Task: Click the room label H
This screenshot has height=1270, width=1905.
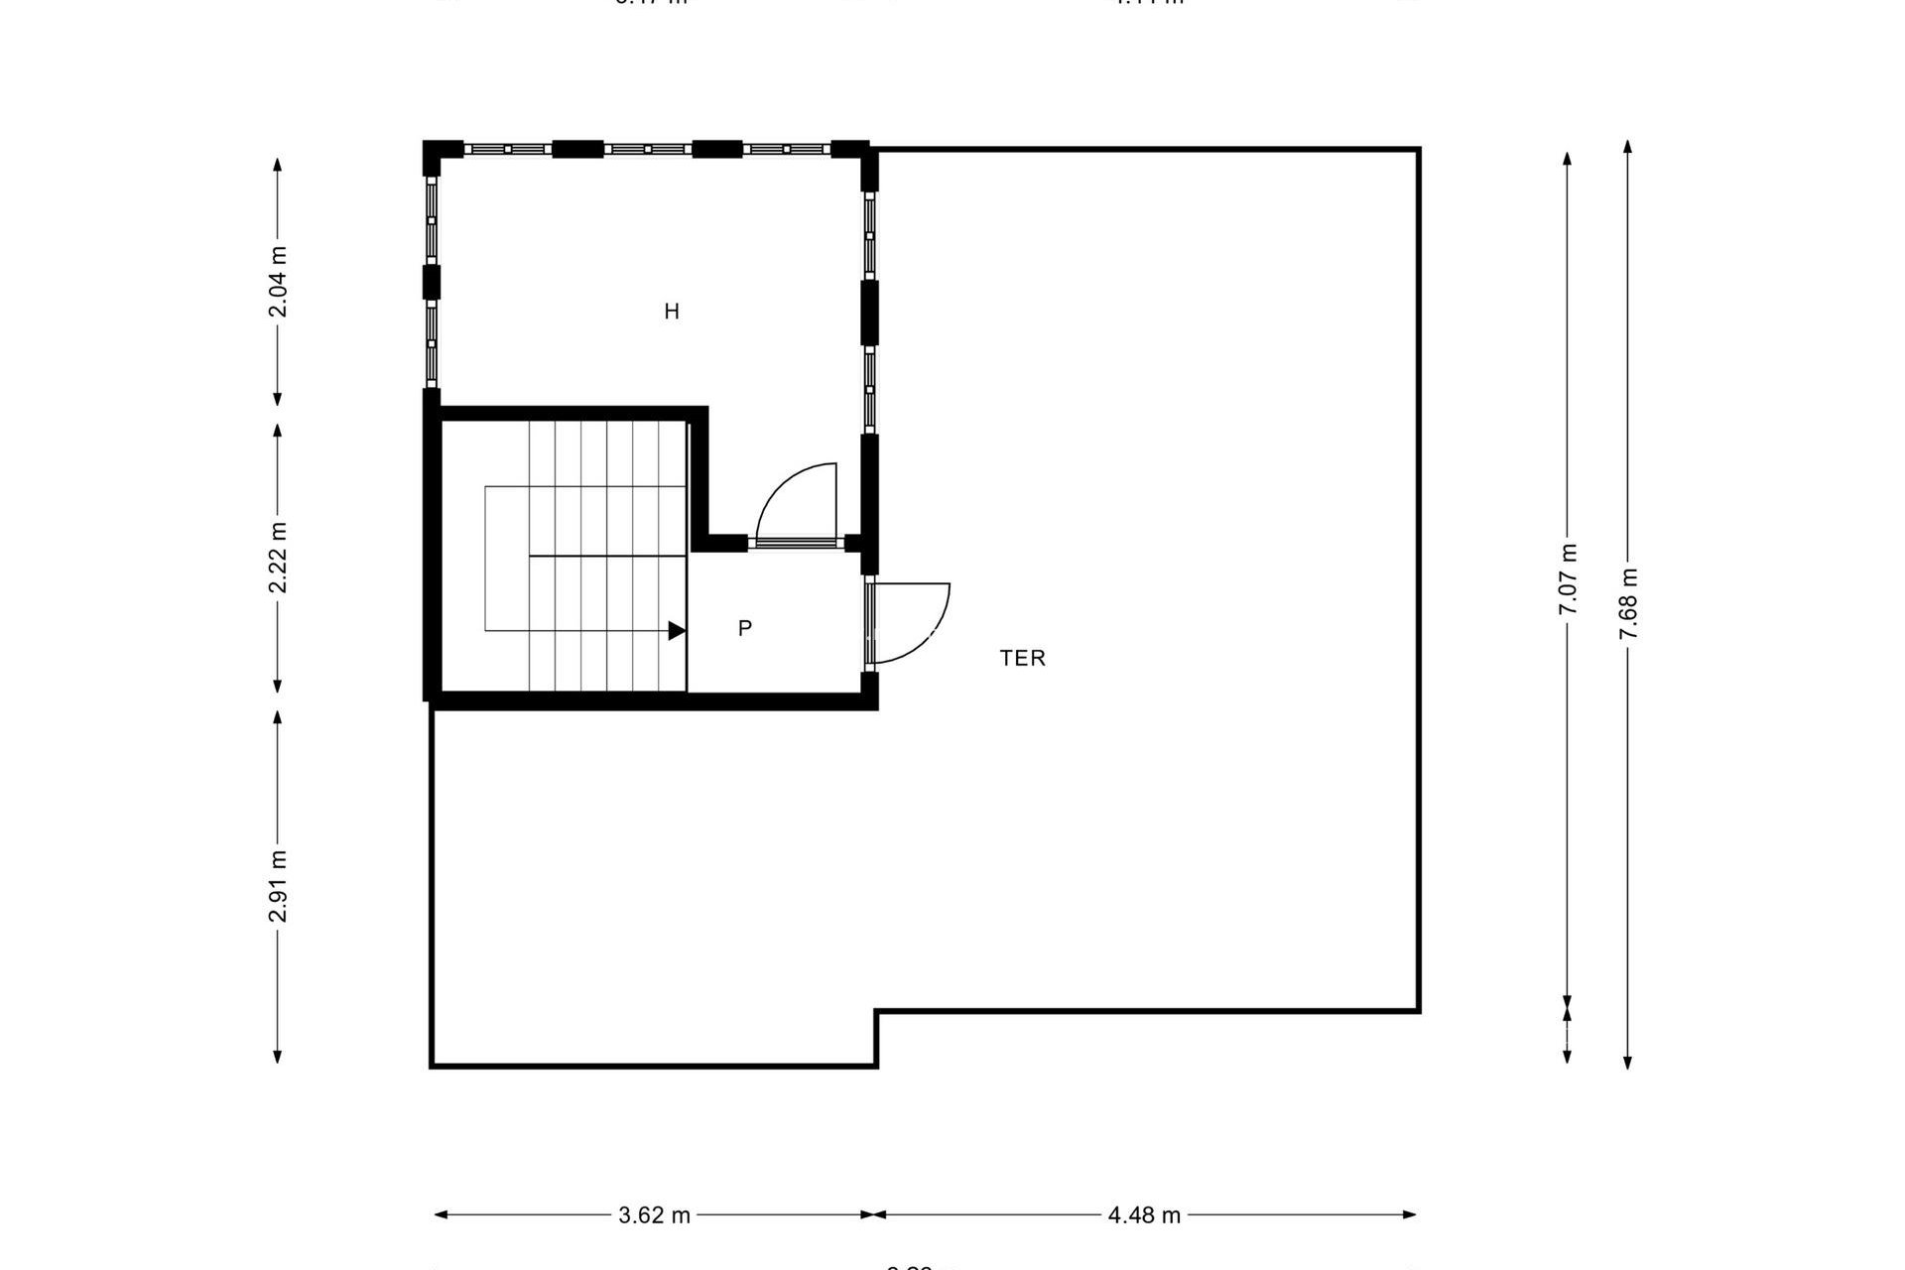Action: coord(672,312)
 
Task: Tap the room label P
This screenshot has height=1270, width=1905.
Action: coord(745,628)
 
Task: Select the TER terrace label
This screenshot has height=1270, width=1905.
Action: coord(1022,658)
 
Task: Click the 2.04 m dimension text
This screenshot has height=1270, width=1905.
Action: coord(279,282)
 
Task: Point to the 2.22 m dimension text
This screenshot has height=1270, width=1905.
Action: coord(279,558)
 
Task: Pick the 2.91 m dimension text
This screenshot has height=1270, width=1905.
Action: coord(279,886)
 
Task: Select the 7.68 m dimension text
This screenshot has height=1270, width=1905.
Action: coord(1628,603)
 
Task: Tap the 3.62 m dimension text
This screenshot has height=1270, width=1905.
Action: coord(654,1215)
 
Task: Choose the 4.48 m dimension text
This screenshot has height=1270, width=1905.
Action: coord(1144,1215)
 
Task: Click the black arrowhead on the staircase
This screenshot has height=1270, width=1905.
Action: coord(677,630)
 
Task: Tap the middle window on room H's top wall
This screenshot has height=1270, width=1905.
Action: coord(647,149)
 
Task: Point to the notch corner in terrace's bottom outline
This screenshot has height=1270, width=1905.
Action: coord(876,1012)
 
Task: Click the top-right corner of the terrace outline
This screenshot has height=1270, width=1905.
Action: coord(1419,150)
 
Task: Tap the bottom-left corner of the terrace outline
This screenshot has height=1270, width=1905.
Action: coord(432,1066)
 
